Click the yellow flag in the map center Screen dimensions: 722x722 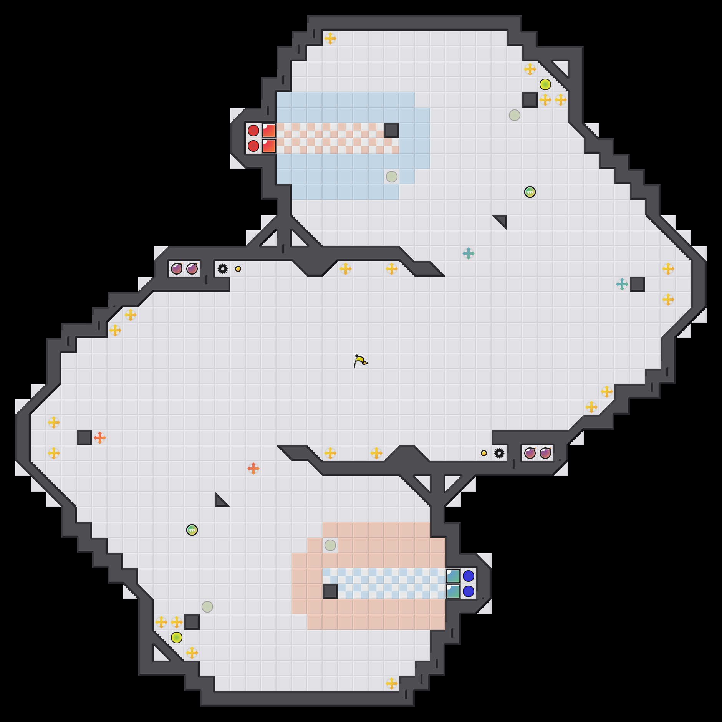coord(360,361)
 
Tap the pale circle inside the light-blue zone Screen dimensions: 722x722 coord(391,177)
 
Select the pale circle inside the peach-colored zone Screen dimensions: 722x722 coord(330,545)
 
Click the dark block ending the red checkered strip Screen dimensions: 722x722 coord(391,131)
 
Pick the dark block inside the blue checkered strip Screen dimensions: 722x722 coord(330,591)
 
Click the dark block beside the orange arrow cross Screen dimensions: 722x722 coord(84,438)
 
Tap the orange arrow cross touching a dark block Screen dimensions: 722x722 coord(100,438)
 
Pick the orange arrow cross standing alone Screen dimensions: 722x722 coord(253,469)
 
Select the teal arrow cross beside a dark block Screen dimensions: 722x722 coord(622,284)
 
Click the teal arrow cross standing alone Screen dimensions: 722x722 coord(468,253)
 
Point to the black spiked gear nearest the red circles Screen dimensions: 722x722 coord(222,269)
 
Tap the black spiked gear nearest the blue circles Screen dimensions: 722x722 coord(499,453)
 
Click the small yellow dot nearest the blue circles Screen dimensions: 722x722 coord(484,453)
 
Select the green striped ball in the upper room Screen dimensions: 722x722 coord(530,192)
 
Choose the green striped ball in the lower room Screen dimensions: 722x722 coord(192,530)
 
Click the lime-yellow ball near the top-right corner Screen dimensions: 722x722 coord(545,84)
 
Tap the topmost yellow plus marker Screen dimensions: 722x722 coord(330,38)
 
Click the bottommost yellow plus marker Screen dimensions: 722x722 coord(391,684)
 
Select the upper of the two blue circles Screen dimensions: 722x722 coord(468,576)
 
